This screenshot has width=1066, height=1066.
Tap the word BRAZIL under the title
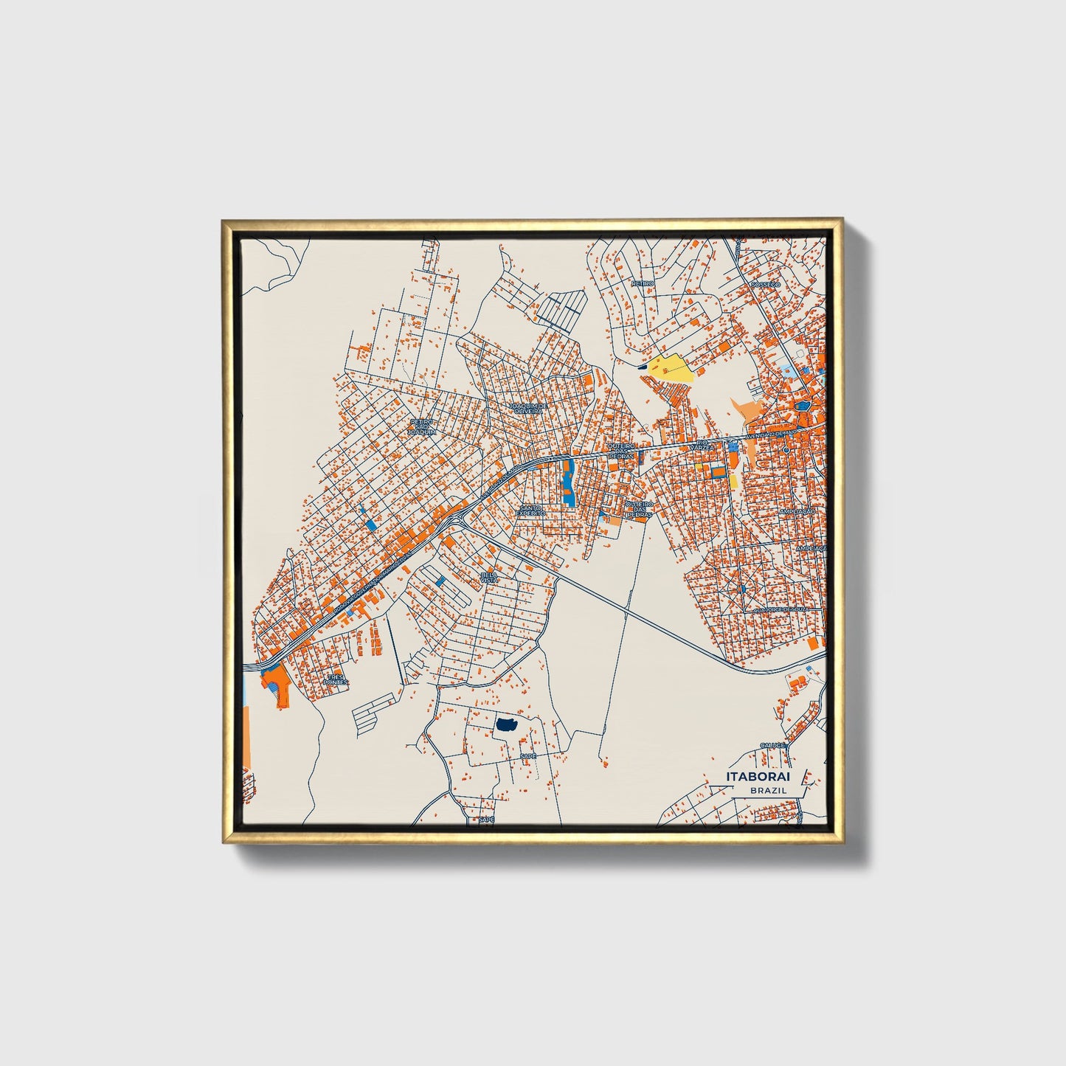coord(768,790)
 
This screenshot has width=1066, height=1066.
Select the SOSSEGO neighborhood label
coord(764,284)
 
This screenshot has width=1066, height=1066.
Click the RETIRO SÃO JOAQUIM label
coord(423,426)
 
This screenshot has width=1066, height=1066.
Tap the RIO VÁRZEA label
coord(699,446)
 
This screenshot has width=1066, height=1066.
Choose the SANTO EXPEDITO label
coord(530,510)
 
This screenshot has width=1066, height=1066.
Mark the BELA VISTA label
coord(488,577)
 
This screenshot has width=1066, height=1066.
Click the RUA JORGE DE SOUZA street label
coord(780,609)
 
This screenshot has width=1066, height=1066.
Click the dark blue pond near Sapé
coord(506,725)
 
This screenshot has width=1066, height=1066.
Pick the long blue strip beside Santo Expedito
coord(568,482)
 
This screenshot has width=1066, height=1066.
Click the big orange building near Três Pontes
coord(277,682)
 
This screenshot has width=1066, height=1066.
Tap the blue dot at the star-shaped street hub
coord(743,589)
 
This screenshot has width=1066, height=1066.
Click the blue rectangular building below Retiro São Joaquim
coord(370,525)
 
